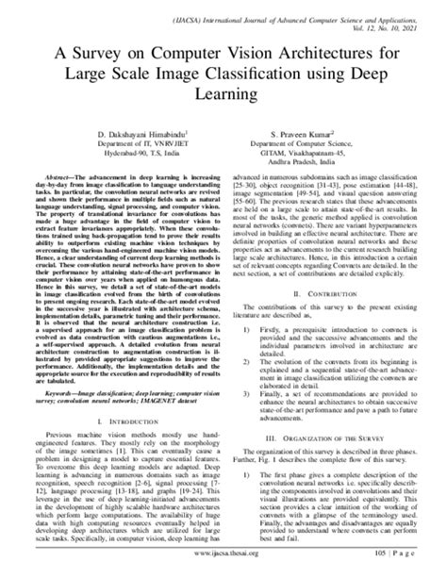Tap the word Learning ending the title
click(223, 95)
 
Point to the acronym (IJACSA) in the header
click(208, 16)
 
